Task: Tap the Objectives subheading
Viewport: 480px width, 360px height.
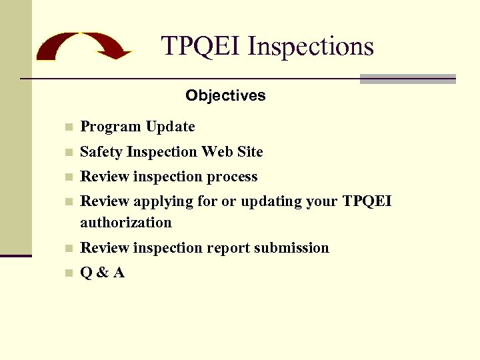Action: (x=225, y=95)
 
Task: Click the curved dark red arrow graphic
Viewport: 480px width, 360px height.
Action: (x=83, y=45)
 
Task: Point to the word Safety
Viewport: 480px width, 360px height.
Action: (x=101, y=152)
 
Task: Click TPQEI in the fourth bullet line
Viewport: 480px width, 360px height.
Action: (x=366, y=201)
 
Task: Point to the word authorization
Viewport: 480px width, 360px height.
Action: (x=126, y=223)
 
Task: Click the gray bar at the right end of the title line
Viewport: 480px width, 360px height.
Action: (x=407, y=79)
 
